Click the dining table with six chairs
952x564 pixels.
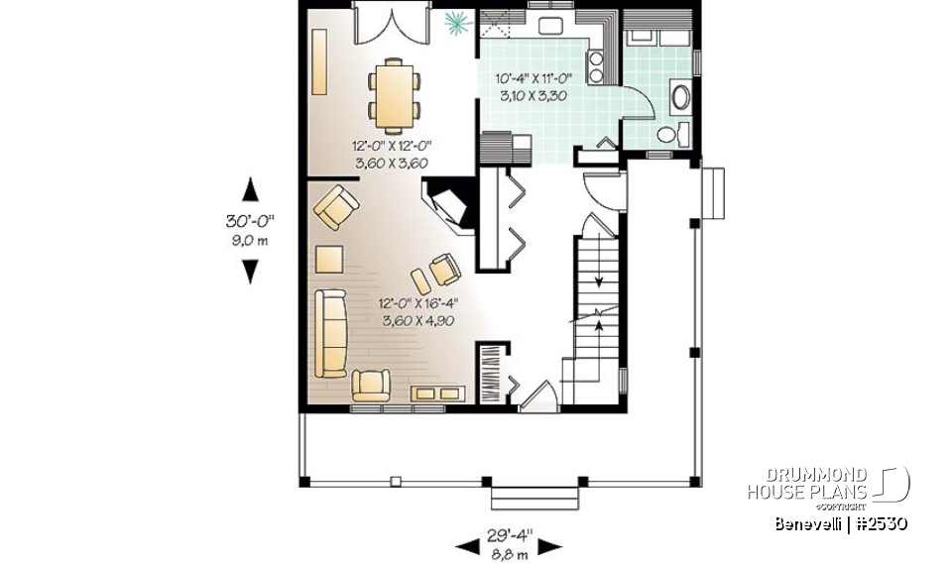pyautogui.click(x=395, y=95)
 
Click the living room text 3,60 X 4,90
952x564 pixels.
pyautogui.click(x=416, y=320)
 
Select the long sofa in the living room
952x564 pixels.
pyautogui.click(x=329, y=333)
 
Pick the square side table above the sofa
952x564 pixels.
pyautogui.click(x=328, y=260)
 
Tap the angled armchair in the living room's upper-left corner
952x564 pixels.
pyautogui.click(x=335, y=208)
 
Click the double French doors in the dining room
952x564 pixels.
pyautogui.click(x=391, y=24)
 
